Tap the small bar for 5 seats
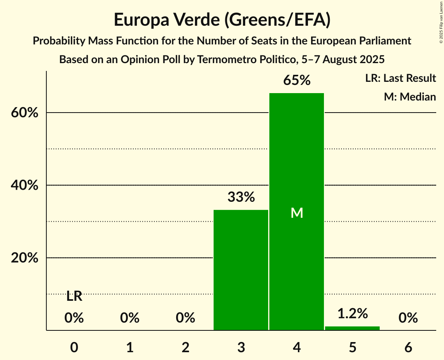coord(352,328)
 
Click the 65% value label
coord(297,80)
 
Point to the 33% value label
coord(241,197)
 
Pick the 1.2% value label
coord(352,313)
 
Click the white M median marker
coord(297,213)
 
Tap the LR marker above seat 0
coord(74,296)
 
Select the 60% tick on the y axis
coord(24,113)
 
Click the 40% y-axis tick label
coord(24,185)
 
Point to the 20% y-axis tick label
coord(24,258)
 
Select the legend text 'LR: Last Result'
coord(400,78)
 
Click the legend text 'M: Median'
coord(410,97)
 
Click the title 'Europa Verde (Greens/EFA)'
coord(222,20)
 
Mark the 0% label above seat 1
coord(130,318)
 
